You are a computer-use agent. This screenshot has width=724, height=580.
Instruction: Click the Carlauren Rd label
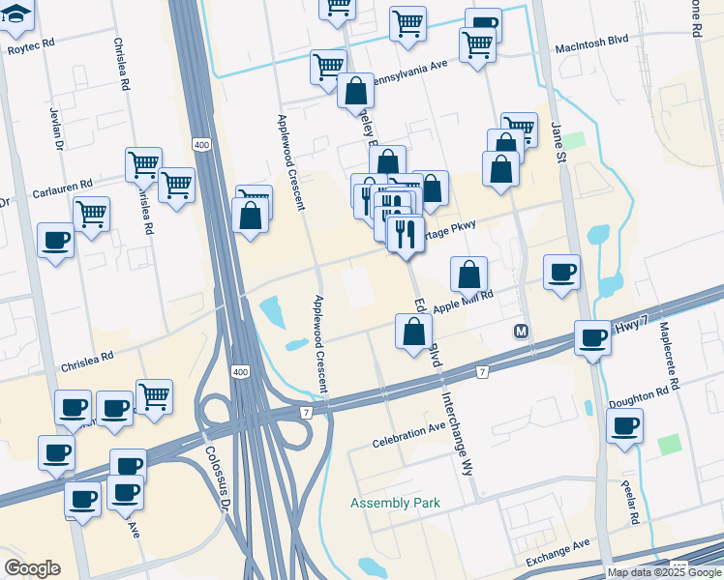click(60, 184)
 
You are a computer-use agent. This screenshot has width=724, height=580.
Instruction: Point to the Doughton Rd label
click(640, 394)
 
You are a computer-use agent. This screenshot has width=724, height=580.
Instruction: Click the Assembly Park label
click(395, 503)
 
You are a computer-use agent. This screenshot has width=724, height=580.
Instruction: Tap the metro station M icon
click(521, 332)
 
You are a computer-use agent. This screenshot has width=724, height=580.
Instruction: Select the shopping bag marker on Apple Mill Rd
click(468, 275)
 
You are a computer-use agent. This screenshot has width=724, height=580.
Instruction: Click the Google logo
click(32, 568)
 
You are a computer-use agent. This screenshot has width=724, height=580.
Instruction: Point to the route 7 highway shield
click(481, 371)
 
